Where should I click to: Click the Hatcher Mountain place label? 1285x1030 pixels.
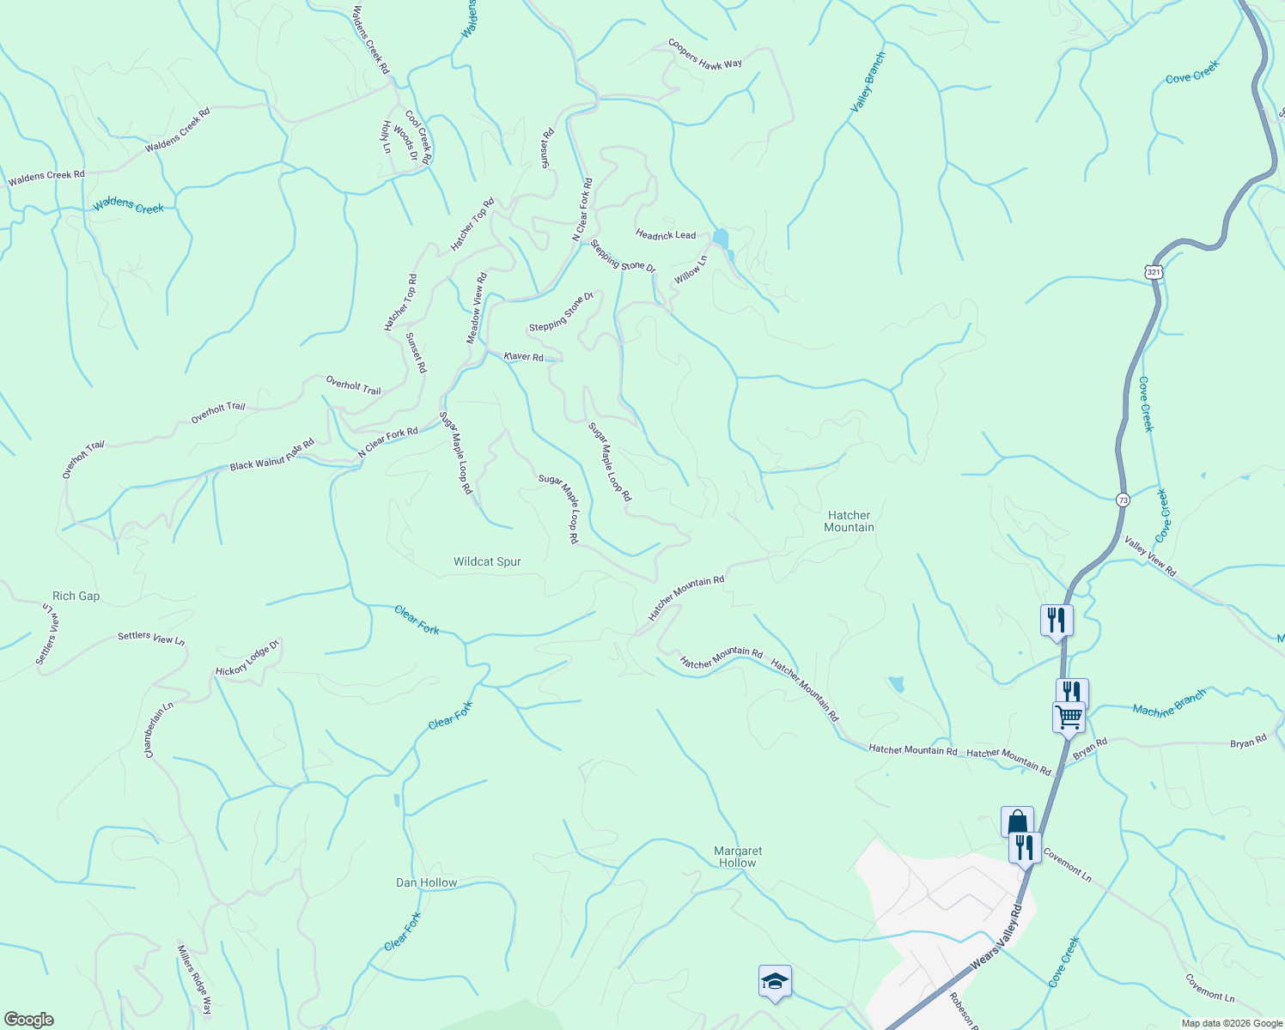pyautogui.click(x=849, y=522)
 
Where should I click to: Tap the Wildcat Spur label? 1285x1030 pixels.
pyautogui.click(x=487, y=562)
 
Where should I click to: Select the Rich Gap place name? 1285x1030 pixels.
pyautogui.click(x=76, y=597)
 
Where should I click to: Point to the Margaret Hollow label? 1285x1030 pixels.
pyautogui.click(x=738, y=857)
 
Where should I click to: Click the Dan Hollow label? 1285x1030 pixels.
pyautogui.click(x=426, y=883)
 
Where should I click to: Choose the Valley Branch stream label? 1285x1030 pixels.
pyautogui.click(x=868, y=82)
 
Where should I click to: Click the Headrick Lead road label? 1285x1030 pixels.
pyautogui.click(x=666, y=234)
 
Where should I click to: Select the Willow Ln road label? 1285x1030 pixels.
pyautogui.click(x=691, y=270)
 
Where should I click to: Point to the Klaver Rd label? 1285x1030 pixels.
pyautogui.click(x=523, y=356)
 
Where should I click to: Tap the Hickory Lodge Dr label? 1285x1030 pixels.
pyautogui.click(x=247, y=658)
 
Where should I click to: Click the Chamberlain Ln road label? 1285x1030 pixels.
pyautogui.click(x=159, y=730)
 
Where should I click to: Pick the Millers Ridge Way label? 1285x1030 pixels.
pyautogui.click(x=194, y=979)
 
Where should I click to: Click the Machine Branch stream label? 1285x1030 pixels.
pyautogui.click(x=1169, y=703)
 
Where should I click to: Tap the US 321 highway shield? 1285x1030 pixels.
pyautogui.click(x=1154, y=271)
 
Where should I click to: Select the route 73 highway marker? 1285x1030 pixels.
pyautogui.click(x=1124, y=500)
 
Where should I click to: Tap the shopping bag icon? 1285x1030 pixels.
pyautogui.click(x=1017, y=821)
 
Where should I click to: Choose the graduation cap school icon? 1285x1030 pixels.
pyautogui.click(x=775, y=980)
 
